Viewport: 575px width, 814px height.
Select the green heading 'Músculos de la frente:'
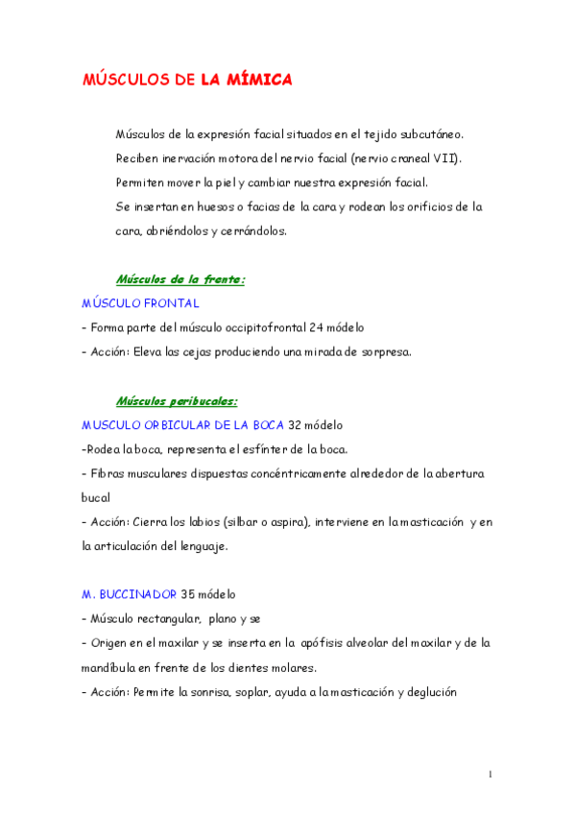(x=180, y=279)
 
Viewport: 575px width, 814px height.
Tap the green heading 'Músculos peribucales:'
(x=177, y=400)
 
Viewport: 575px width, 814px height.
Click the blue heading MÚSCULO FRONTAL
(x=140, y=303)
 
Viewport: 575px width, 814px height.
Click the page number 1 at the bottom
(x=490, y=774)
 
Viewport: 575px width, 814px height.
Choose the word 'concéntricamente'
(x=274, y=473)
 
